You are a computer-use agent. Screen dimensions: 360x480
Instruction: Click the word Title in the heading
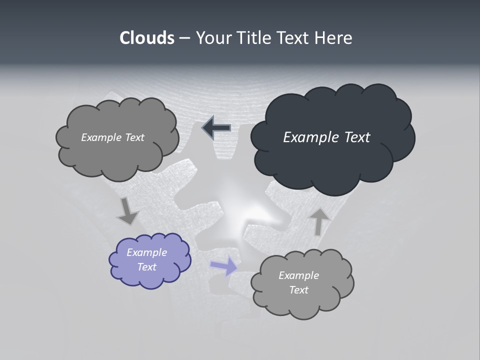pos(253,38)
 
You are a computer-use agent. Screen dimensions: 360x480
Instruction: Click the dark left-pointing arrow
pos(216,128)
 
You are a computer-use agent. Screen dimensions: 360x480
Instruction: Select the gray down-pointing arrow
pos(127,211)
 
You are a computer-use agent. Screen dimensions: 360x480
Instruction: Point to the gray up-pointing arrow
pos(320,221)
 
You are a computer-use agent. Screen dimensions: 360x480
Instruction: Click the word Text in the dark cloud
pos(356,137)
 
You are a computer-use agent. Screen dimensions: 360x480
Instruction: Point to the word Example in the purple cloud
pos(146,252)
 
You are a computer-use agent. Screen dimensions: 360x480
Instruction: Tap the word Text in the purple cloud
pos(146,267)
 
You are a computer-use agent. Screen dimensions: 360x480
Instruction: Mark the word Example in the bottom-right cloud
pos(298,275)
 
